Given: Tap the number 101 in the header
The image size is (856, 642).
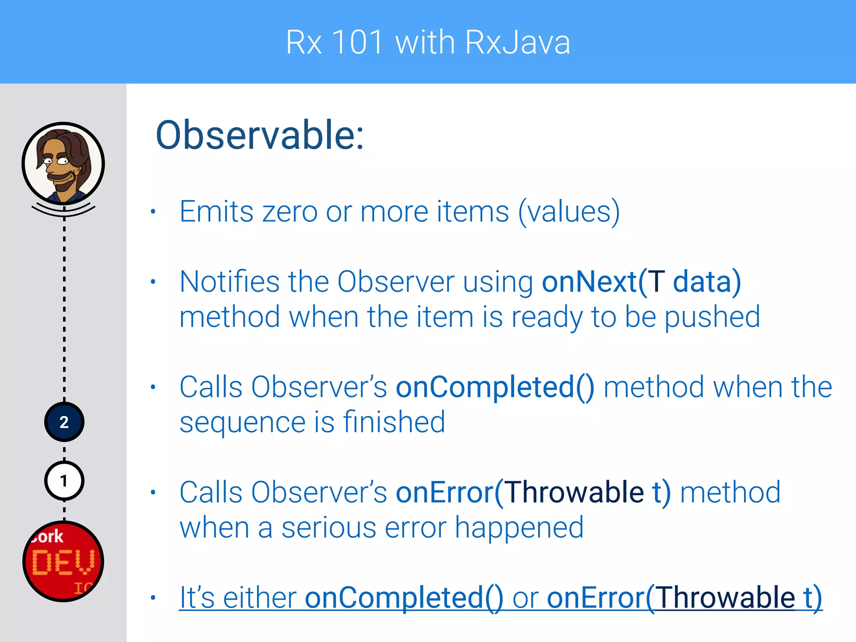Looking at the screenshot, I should pos(357,43).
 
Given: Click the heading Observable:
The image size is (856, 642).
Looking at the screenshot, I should pos(260,135).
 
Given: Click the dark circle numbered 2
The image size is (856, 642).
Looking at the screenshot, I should pos(64,422).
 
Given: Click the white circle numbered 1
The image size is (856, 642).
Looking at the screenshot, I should pos(64,481).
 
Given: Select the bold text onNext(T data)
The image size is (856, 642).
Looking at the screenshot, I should pos(641,282).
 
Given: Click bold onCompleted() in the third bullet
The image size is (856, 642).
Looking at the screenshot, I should pos(495,387).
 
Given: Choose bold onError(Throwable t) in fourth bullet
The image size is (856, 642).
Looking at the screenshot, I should pos(533,492).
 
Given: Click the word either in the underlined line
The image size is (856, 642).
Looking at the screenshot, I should pos(259,598).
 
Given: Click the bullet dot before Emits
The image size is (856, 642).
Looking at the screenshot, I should pos(153,211).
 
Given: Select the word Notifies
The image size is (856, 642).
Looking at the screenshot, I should pos(229,282).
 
